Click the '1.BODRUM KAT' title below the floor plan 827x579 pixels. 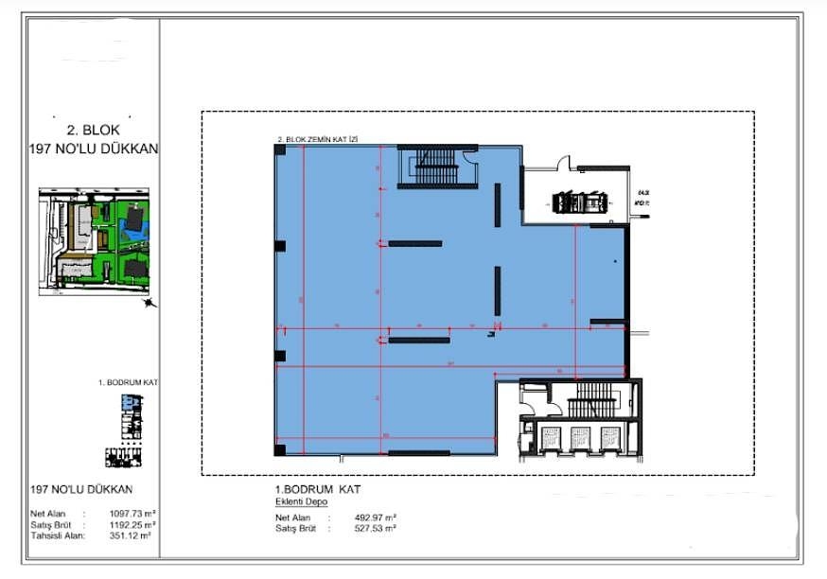pyautogui.click(x=317, y=489)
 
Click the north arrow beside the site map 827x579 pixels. pyautogui.click(x=148, y=303)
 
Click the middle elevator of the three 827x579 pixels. pyautogui.click(x=580, y=440)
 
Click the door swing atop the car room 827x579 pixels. pyautogui.click(x=563, y=163)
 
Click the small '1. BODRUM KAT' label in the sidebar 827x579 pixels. pyautogui.click(x=127, y=383)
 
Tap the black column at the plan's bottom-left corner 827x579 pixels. pyautogui.click(x=279, y=449)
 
